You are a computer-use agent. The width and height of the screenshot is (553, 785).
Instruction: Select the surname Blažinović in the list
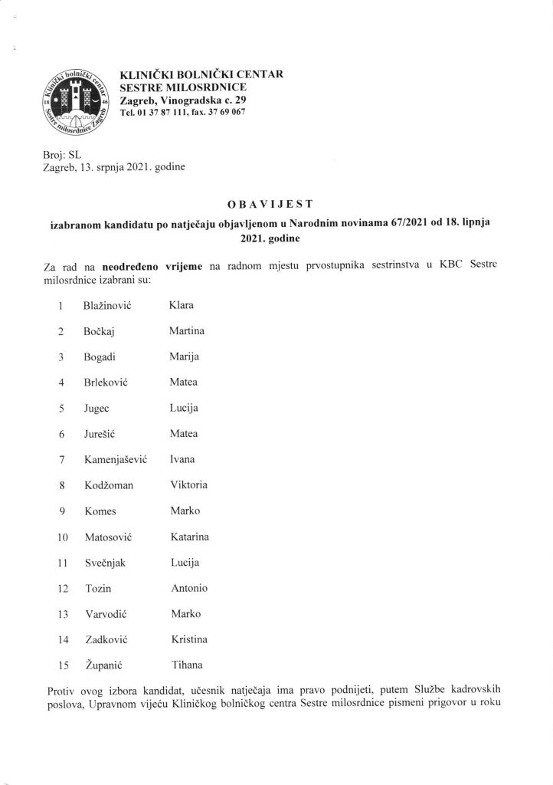109,307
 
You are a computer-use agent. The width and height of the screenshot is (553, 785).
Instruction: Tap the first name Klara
183,307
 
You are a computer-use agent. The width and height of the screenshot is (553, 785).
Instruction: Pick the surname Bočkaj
100,332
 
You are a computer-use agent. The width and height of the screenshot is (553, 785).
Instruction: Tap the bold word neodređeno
133,265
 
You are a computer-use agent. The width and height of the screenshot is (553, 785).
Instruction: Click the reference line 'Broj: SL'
57,153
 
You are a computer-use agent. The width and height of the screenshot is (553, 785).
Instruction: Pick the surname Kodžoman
110,485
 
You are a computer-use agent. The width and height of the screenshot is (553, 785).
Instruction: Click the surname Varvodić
106,614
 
